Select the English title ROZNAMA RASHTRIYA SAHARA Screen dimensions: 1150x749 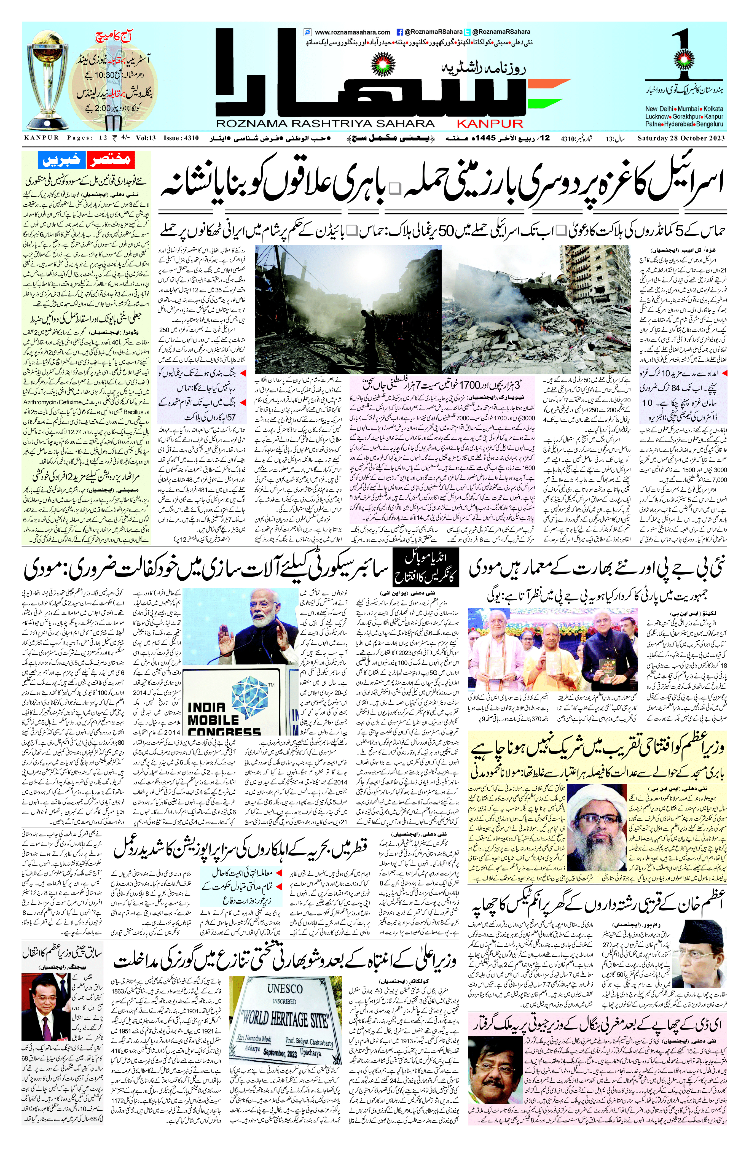click(325, 124)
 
